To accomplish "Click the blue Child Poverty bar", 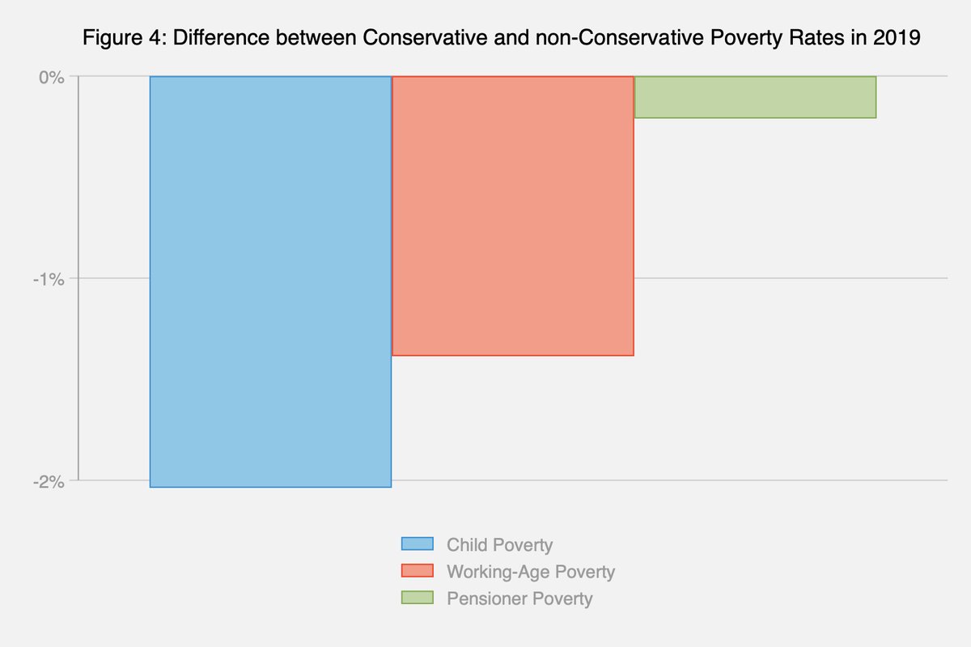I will tap(270, 281).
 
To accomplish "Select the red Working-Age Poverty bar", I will tap(512, 216).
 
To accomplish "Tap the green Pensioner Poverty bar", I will tap(755, 97).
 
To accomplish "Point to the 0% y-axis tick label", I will tap(51, 77).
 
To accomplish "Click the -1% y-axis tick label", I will tap(49, 279).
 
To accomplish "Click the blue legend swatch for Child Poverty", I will tap(418, 544).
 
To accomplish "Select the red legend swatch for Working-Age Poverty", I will tap(418, 571).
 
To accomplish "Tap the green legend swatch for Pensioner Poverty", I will tap(418, 598).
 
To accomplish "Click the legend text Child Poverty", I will tap(499, 545).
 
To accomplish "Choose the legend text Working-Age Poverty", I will tap(531, 572).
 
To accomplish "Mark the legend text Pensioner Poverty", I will tap(519, 599).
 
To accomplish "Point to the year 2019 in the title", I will tap(901, 39).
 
